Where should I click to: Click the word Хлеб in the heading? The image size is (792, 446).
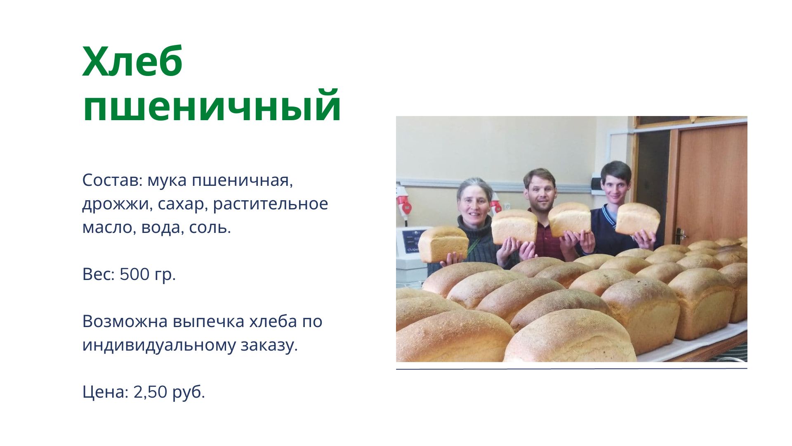coord(132,62)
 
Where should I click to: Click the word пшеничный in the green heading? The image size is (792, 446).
coord(212,106)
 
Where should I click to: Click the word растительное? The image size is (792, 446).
coord(271,204)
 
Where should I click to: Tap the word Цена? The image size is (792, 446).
coord(105,392)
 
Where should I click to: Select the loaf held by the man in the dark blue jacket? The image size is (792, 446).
coord(637,219)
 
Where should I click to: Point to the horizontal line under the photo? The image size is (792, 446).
coord(572,369)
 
